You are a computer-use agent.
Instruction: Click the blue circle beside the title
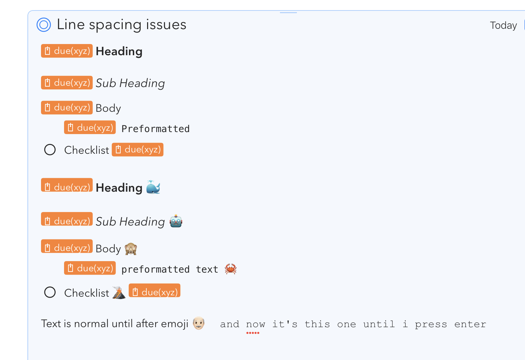[44, 25]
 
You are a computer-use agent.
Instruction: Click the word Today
[503, 25]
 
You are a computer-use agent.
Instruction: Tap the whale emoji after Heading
[153, 187]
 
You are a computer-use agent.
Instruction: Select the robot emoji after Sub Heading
[176, 221]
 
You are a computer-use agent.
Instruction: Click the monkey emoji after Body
[131, 249]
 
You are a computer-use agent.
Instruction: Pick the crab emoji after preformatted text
[230, 269]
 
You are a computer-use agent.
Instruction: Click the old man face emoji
[199, 323]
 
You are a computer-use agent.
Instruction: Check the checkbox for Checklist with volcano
[50, 292]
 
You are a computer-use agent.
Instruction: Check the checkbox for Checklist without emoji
[50, 150]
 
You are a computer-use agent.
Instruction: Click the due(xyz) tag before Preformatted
[90, 127]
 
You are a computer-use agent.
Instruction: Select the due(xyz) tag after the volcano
[155, 291]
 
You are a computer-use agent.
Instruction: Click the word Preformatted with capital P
[155, 129]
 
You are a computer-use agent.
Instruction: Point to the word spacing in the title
[115, 25]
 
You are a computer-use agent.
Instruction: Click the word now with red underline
[256, 324]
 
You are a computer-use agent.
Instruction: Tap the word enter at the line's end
[470, 324]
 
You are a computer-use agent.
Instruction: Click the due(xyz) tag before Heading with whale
[67, 185]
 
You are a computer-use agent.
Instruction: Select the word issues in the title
[166, 24]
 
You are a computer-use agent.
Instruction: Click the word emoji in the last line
[175, 324]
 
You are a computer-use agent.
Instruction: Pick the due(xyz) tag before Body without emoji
[67, 108]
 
